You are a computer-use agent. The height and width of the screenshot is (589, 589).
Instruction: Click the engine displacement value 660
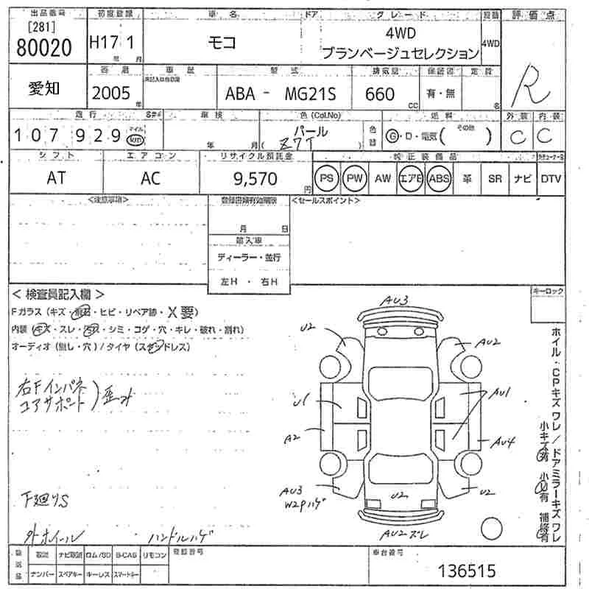380,94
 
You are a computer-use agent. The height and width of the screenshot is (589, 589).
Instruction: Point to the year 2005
110,93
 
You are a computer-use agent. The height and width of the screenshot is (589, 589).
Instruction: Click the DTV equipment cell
551,179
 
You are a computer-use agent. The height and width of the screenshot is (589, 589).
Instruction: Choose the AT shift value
56,179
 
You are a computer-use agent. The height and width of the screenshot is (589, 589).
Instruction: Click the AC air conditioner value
150,179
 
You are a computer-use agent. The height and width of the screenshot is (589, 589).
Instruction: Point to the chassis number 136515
467,570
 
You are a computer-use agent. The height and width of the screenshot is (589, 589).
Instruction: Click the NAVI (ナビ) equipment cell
523,179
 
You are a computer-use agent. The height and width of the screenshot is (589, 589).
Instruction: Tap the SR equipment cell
495,179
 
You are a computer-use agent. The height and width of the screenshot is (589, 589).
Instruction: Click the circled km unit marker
135,138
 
